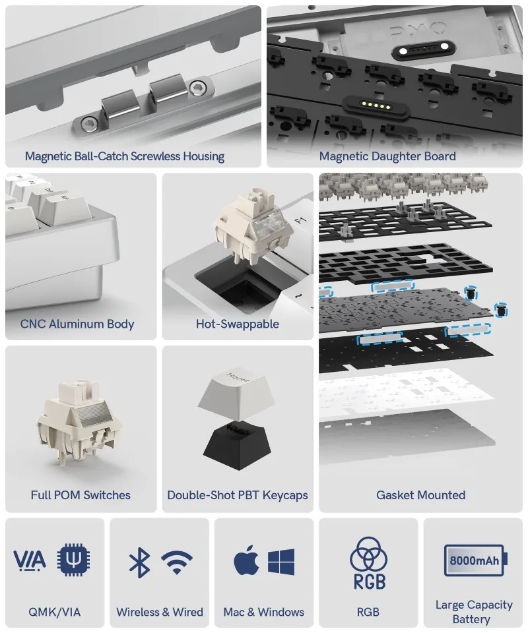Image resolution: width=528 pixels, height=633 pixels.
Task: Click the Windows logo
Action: pyautogui.click(x=281, y=562)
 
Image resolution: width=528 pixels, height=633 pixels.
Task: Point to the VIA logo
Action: pyautogui.click(x=30, y=560)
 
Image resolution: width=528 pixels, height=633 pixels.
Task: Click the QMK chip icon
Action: pyautogui.click(x=73, y=560)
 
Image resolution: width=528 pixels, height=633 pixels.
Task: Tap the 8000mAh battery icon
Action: pyautogui.click(x=475, y=560)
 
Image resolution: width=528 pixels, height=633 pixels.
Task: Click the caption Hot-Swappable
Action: pyautogui.click(x=238, y=324)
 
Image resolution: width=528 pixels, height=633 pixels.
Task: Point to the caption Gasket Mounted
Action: pyautogui.click(x=420, y=495)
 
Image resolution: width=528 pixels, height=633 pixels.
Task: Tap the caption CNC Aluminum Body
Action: pyautogui.click(x=77, y=324)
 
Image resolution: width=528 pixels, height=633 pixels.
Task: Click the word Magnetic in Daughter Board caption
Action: pyautogui.click(x=343, y=156)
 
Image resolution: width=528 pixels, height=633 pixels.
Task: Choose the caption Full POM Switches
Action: pyautogui.click(x=81, y=495)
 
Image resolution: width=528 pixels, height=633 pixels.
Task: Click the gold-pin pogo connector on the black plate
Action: pyautogui.click(x=376, y=105)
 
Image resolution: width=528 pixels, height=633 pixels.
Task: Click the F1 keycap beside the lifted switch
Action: pyautogui.click(x=302, y=226)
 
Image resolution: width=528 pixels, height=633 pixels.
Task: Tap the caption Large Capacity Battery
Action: pyautogui.click(x=474, y=612)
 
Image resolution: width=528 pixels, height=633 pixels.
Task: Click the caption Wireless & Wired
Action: pyautogui.click(x=160, y=612)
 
